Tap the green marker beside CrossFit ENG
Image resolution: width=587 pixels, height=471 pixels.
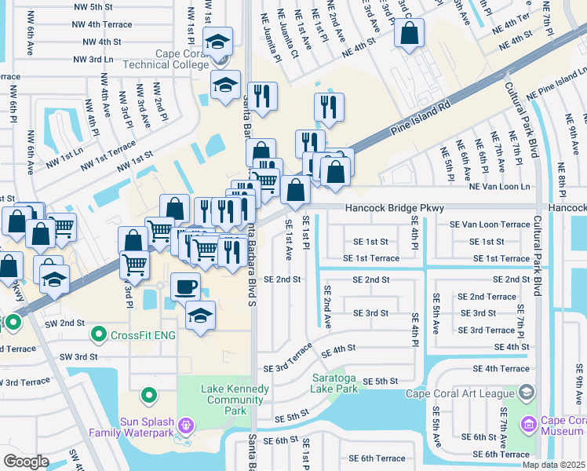pyautogui.click(x=98, y=335)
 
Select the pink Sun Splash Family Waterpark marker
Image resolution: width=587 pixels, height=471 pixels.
pyautogui.click(x=186, y=425)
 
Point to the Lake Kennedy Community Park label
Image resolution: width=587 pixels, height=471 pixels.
pyautogui.click(x=235, y=394)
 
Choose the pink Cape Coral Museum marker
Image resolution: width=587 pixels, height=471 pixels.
pyautogui.click(x=527, y=425)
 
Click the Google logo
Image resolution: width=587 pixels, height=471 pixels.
pyautogui.click(x=26, y=462)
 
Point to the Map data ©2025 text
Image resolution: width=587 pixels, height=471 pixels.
pyautogui.click(x=553, y=465)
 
